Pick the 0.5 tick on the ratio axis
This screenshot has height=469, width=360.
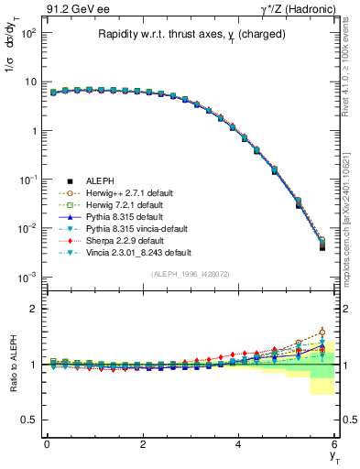coord(30,420)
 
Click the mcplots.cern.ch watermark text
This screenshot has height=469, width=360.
coord(352,202)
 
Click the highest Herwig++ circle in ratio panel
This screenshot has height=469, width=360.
coord(322,332)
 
